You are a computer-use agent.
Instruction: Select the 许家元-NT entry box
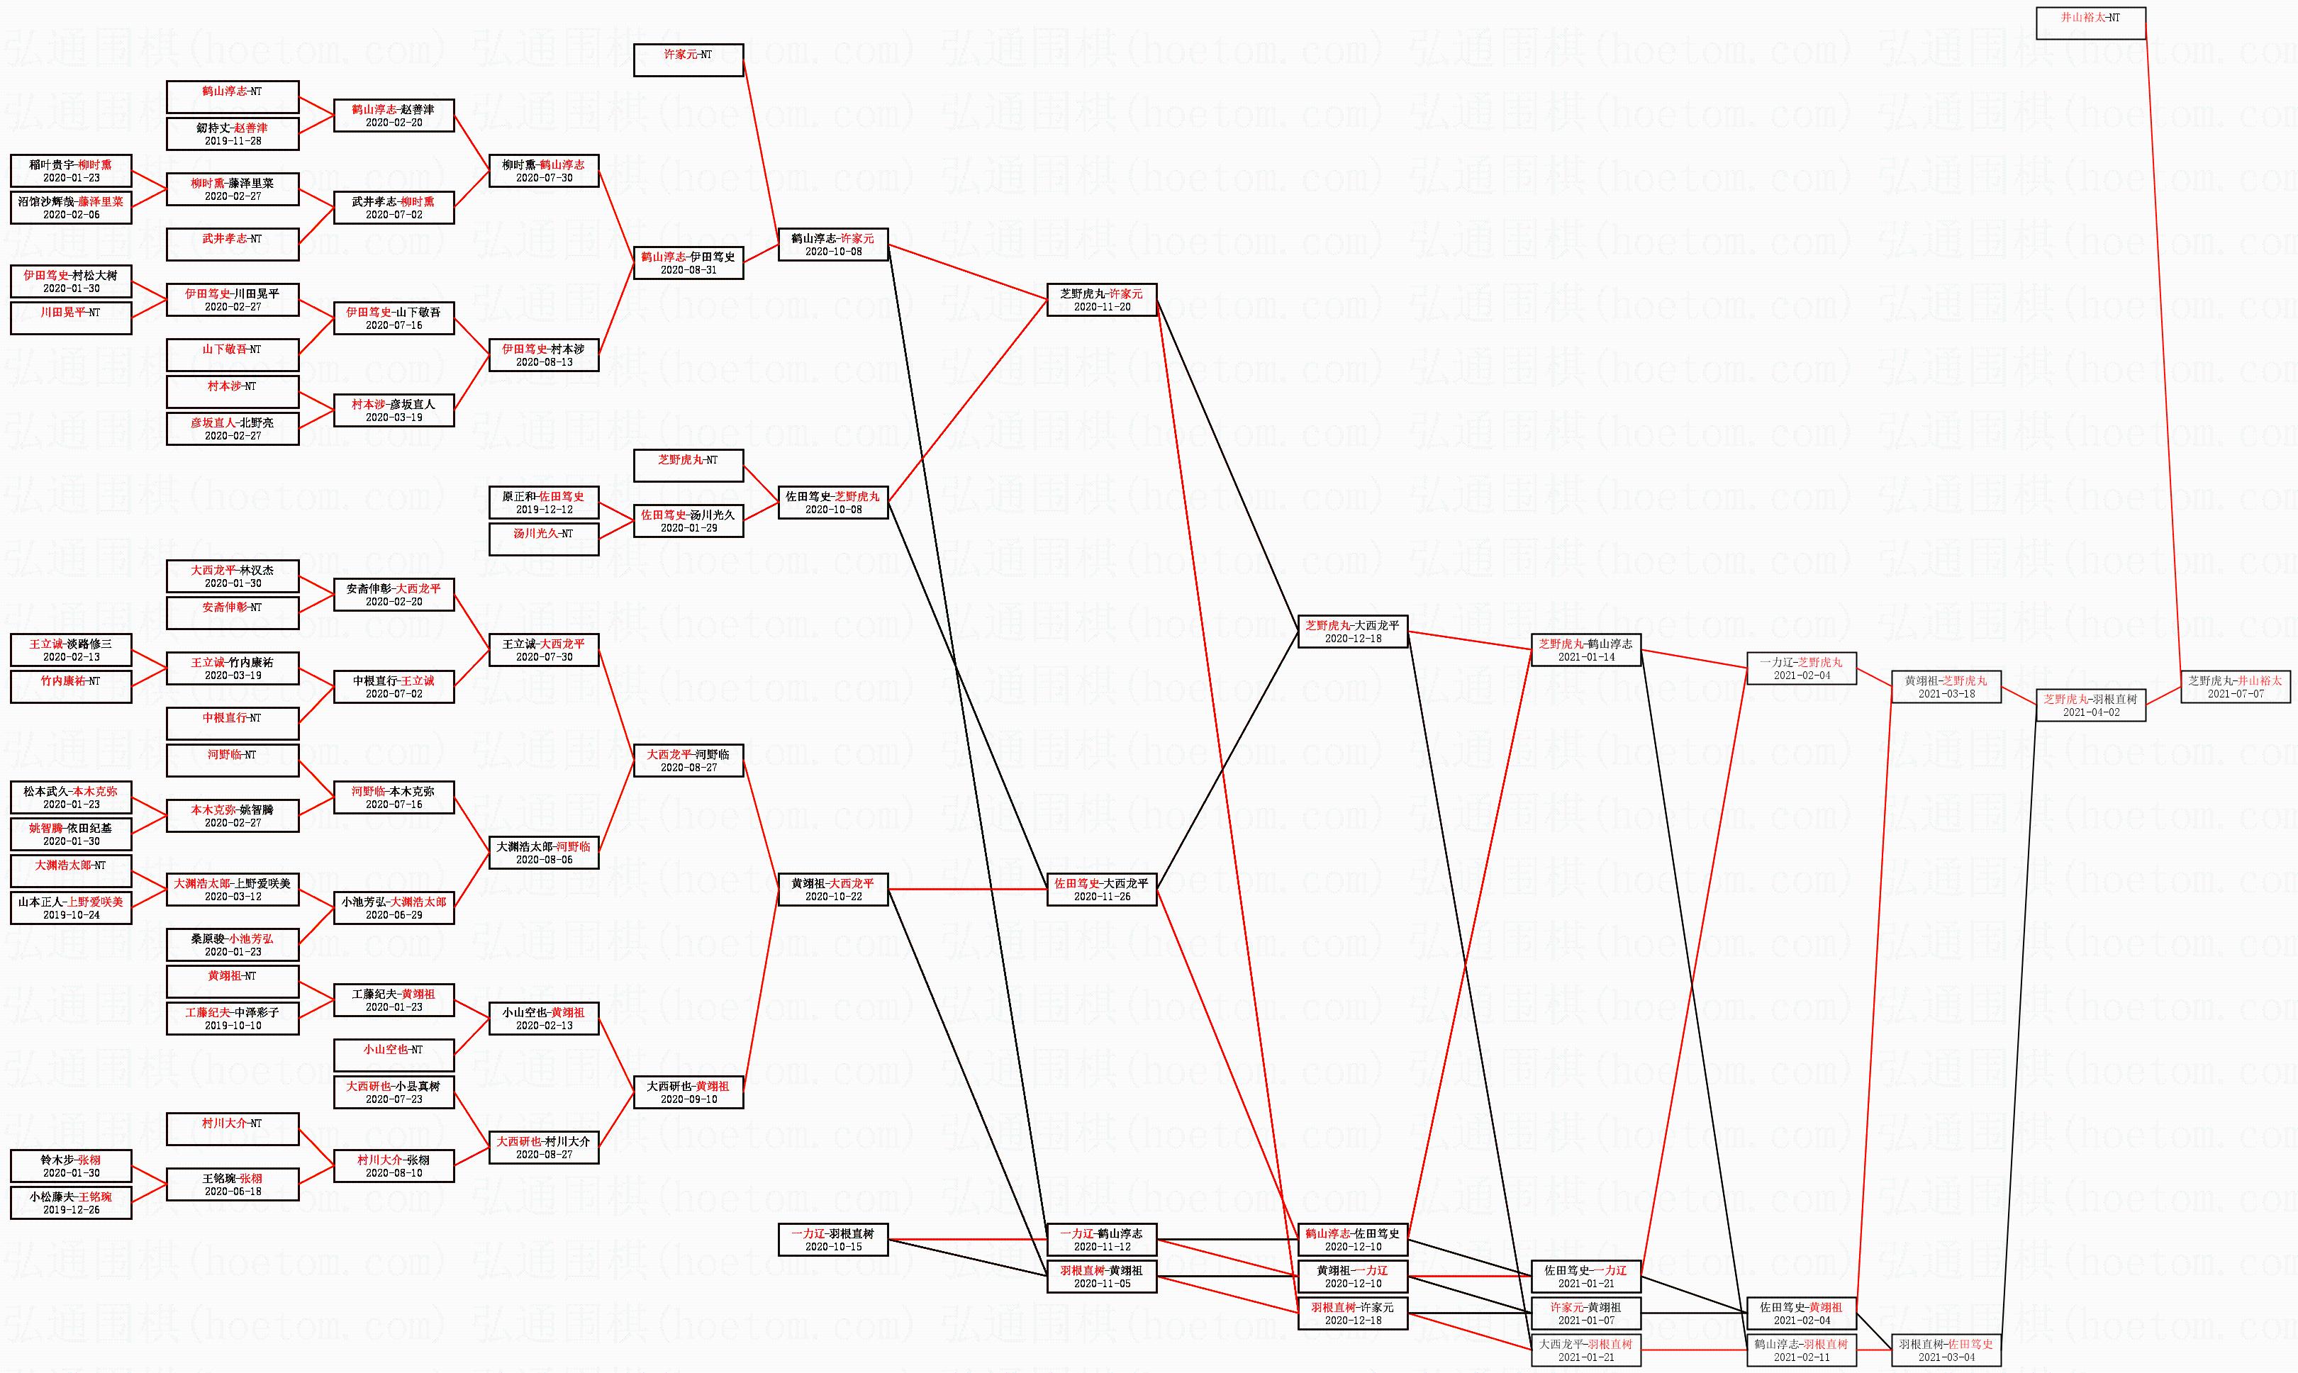(688, 60)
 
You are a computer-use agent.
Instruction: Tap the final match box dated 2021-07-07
(2235, 686)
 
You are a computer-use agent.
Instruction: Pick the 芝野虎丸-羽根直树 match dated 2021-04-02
(2090, 705)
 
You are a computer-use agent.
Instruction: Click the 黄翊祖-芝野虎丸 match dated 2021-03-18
(1946, 686)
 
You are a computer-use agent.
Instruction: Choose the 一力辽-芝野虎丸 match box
(1801, 668)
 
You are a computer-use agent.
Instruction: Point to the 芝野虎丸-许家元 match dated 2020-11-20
(1101, 300)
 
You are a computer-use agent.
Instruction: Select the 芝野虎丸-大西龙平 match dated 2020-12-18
(1352, 632)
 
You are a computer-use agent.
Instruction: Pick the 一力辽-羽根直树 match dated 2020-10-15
(833, 1240)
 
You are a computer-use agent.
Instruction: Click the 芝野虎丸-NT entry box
(688, 466)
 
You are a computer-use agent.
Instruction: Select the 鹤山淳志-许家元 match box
(833, 245)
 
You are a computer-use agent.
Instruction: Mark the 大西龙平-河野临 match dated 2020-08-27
(688, 761)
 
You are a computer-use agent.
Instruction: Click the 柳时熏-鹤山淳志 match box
(543, 171)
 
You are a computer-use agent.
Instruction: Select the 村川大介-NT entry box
(233, 1128)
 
